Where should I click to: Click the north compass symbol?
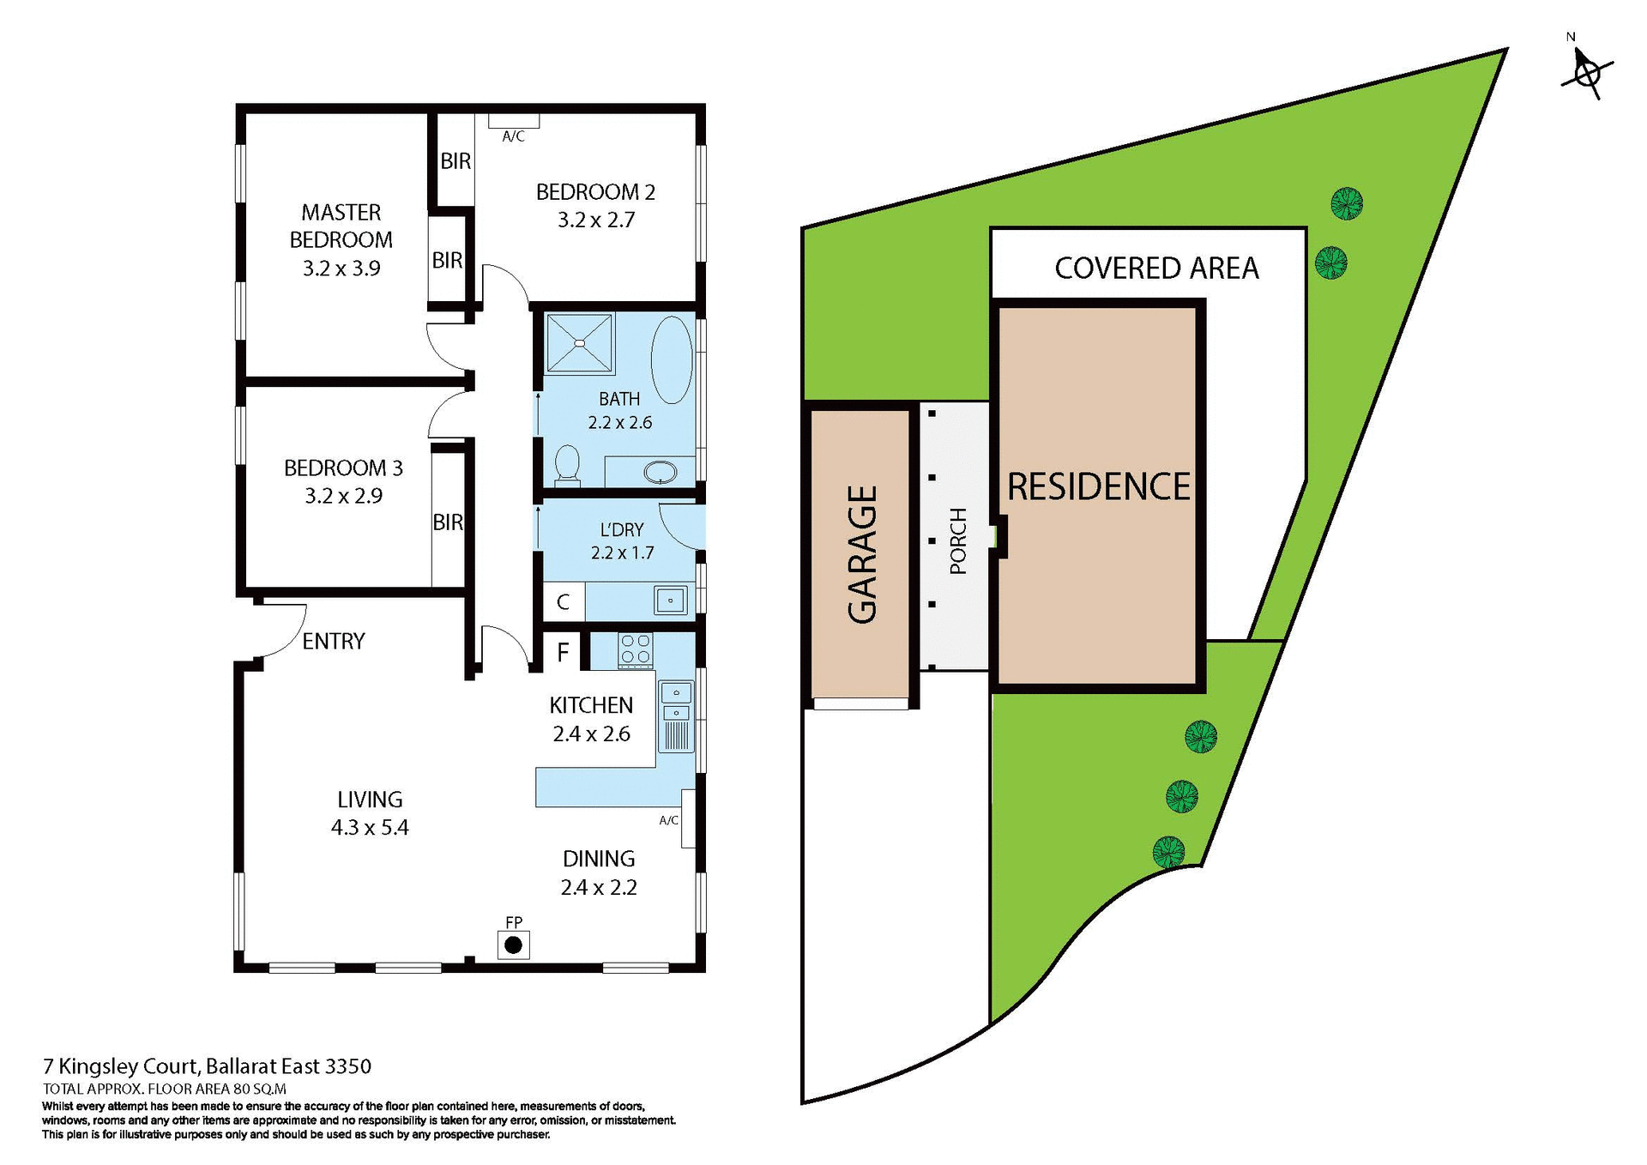pos(1587,73)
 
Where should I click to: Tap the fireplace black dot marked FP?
pos(513,945)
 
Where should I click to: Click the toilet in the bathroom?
pos(567,465)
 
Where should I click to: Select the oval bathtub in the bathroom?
pos(672,359)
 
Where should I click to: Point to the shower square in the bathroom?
pos(580,343)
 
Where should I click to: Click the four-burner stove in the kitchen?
pos(635,649)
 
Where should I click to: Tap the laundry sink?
pos(670,601)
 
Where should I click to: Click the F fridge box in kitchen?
pos(563,652)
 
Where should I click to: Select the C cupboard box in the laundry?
pos(563,601)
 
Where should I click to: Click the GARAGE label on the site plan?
pos(862,554)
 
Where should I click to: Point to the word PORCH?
pos(958,540)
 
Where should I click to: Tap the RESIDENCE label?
pos(1098,486)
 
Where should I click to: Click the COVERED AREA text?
pos(1156,268)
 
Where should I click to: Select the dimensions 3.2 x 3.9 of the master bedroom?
pos(341,269)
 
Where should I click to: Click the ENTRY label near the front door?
pos(333,641)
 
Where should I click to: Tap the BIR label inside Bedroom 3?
pos(447,522)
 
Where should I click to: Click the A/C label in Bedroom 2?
pos(513,136)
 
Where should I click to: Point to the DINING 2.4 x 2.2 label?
pos(599,872)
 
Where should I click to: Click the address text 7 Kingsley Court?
pos(207,1066)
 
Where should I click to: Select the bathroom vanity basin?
pos(660,471)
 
